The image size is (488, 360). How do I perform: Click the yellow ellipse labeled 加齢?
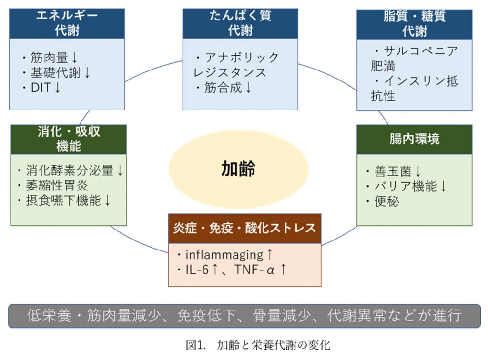(x=238, y=169)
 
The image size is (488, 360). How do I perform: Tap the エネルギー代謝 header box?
(x=67, y=23)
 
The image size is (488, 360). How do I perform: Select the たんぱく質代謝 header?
(x=240, y=23)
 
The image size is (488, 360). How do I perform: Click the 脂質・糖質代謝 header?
(x=414, y=23)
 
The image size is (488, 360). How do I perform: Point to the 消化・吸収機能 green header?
(x=69, y=139)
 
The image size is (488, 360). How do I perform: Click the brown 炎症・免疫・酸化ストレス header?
(x=244, y=228)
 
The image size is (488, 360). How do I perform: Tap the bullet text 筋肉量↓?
(x=50, y=59)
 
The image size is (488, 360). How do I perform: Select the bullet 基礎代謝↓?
(x=56, y=73)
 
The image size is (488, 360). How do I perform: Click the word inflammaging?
(x=224, y=255)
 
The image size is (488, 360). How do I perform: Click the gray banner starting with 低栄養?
(x=244, y=316)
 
